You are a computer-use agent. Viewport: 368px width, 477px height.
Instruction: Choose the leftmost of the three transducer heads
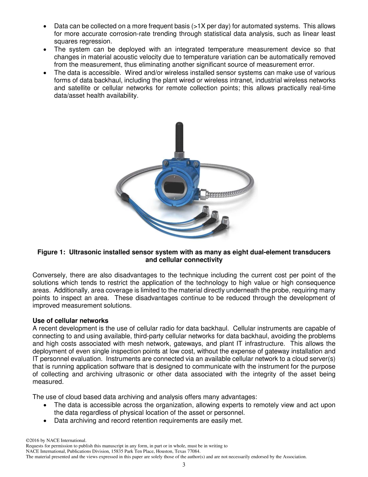[206, 211]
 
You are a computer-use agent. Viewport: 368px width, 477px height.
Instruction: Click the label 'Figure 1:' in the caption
[51, 252]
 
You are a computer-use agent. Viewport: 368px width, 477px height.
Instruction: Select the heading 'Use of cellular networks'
[71, 321]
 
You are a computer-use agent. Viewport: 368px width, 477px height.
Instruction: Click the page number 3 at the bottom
[184, 465]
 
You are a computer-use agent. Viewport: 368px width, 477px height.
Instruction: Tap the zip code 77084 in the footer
[193, 451]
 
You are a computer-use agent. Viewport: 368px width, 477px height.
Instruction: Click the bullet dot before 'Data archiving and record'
[46, 420]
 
